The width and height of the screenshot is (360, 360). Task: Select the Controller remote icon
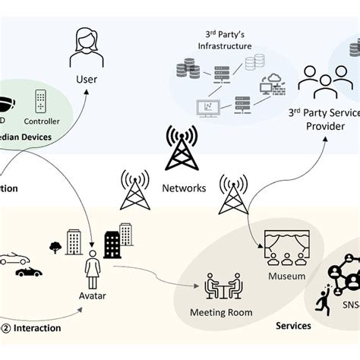[x=42, y=102]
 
